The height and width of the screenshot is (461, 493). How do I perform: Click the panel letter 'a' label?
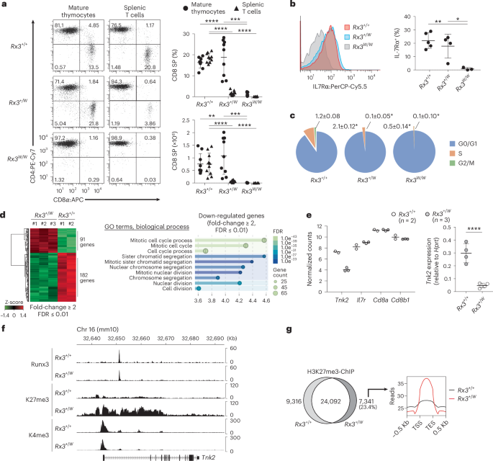pos(4,5)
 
